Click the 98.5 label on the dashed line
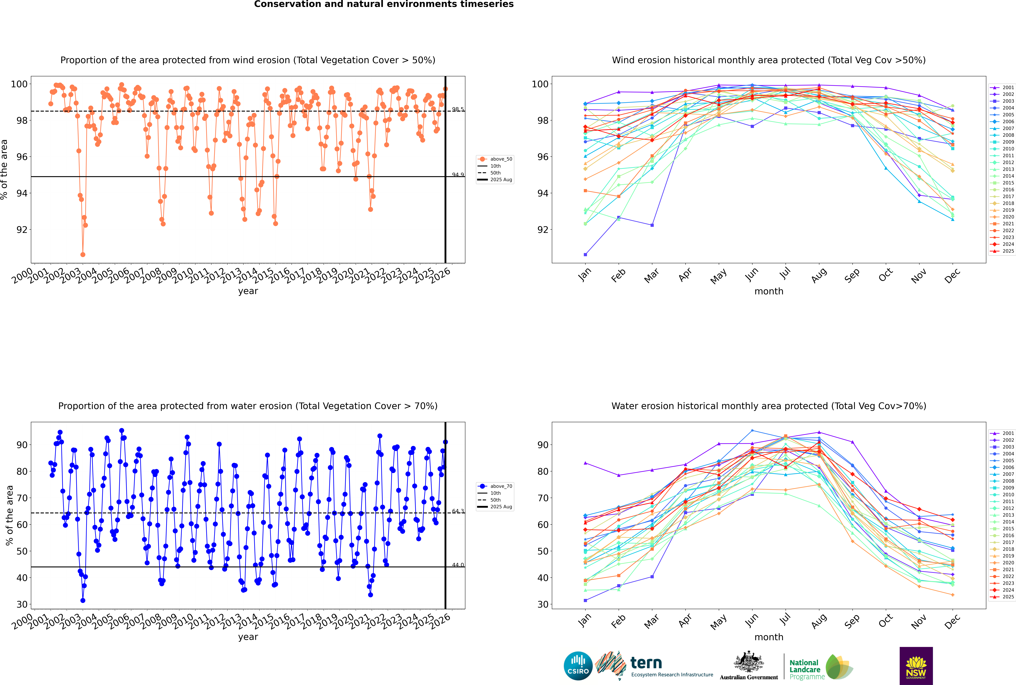click(458, 109)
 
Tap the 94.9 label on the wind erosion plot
click(458, 175)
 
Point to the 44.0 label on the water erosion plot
click(458, 565)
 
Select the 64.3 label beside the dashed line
click(458, 511)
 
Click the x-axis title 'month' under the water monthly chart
click(769, 637)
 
